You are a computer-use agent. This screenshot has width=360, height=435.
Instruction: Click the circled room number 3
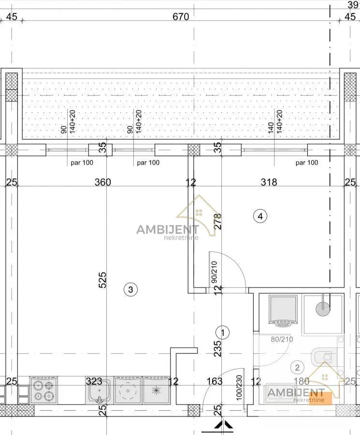tap(130, 290)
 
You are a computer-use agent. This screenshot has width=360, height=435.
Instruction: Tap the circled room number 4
tap(260, 216)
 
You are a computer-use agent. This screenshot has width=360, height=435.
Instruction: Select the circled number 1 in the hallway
tap(223, 333)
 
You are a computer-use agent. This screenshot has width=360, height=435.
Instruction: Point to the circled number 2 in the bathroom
tap(297, 368)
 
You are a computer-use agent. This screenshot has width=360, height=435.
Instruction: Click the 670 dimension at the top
tap(181, 16)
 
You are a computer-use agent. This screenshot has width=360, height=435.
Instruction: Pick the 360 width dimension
tap(102, 182)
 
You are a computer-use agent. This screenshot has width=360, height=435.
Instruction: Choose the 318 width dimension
tap(269, 182)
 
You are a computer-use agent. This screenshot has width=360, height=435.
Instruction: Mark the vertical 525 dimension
tap(102, 280)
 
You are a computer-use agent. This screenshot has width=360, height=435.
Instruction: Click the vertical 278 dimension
tap(218, 221)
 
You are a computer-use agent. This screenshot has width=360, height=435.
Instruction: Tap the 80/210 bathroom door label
tap(282, 339)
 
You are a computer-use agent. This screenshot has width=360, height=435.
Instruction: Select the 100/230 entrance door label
tap(239, 388)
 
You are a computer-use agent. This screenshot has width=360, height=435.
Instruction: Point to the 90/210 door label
tap(214, 272)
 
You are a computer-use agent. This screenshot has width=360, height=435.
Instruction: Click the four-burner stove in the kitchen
tap(43, 390)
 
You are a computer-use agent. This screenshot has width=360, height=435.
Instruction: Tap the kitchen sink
tap(99, 391)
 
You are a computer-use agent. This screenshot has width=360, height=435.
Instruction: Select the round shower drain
tap(323, 308)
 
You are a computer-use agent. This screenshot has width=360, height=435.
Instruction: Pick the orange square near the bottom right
tap(320, 399)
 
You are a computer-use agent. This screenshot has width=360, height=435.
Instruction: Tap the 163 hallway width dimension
tap(215, 381)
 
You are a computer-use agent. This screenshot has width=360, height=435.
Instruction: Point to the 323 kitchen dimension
tap(94, 381)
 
